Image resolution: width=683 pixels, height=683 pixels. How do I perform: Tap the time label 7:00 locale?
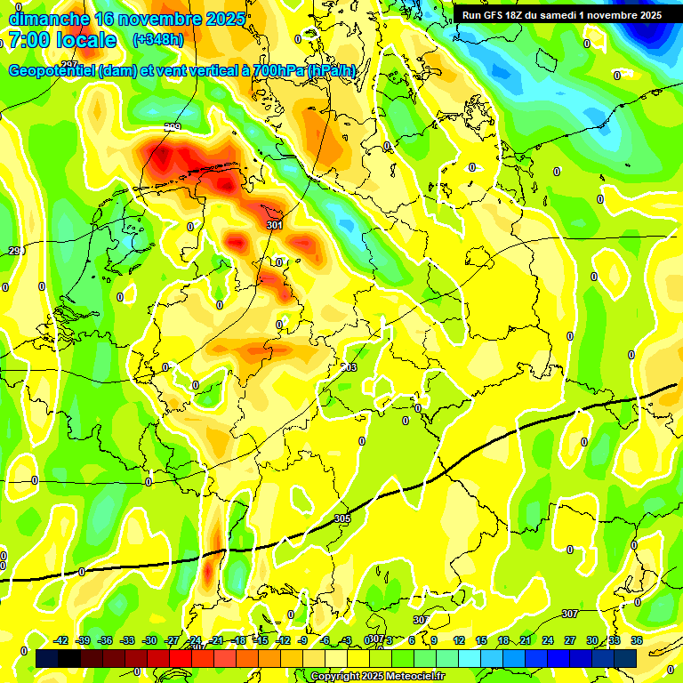pos(62,40)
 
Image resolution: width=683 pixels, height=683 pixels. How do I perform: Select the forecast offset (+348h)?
pos(157,40)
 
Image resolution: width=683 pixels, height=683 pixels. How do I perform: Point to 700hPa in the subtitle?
pos(268,70)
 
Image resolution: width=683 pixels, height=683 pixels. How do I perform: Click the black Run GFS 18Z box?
pos(561,15)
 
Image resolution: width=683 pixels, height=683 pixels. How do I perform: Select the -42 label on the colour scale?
pos(60,640)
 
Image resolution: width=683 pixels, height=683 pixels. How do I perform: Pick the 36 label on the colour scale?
pos(637,640)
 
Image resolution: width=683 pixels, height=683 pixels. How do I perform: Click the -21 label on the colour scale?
pos(216,640)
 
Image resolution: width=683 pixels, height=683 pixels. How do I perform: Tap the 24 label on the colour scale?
pos(548,640)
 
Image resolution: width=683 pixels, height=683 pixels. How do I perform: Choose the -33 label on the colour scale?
pos(127,640)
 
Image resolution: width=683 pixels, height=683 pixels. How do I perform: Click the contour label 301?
pos(274,226)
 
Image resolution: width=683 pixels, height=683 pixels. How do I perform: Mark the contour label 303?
pos(349,367)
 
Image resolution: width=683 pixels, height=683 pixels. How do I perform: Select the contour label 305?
pos(342,518)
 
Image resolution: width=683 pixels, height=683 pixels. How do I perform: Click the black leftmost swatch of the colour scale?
pos(47,658)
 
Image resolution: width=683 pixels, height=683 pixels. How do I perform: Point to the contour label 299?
pos(173,128)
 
